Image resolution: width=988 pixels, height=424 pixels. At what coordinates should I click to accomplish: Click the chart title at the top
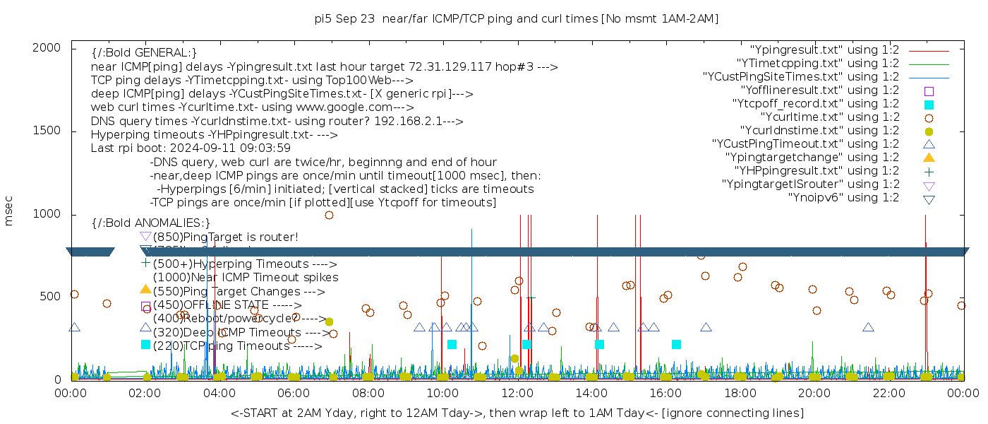[517, 18]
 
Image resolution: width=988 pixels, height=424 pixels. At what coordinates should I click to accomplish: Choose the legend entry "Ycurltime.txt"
[830, 117]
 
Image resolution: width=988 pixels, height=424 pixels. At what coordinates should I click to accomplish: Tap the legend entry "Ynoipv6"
[843, 197]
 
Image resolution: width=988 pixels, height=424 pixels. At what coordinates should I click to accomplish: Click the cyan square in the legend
[929, 104]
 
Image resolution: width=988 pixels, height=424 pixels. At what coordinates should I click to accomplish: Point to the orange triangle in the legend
[929, 157]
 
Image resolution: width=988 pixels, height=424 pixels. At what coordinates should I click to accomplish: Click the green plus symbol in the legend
[929, 170]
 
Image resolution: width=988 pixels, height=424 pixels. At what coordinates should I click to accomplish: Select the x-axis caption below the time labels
[517, 413]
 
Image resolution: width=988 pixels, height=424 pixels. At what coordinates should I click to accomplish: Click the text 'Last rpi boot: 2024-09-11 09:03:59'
[191, 148]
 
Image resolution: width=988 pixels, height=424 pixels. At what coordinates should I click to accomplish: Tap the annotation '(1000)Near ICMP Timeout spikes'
[246, 278]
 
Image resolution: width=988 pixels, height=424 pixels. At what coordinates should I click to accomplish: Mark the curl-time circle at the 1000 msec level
[329, 215]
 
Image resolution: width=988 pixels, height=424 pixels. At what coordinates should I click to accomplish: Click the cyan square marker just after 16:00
[676, 344]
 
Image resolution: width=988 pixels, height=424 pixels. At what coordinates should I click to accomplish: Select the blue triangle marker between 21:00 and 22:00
[868, 327]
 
